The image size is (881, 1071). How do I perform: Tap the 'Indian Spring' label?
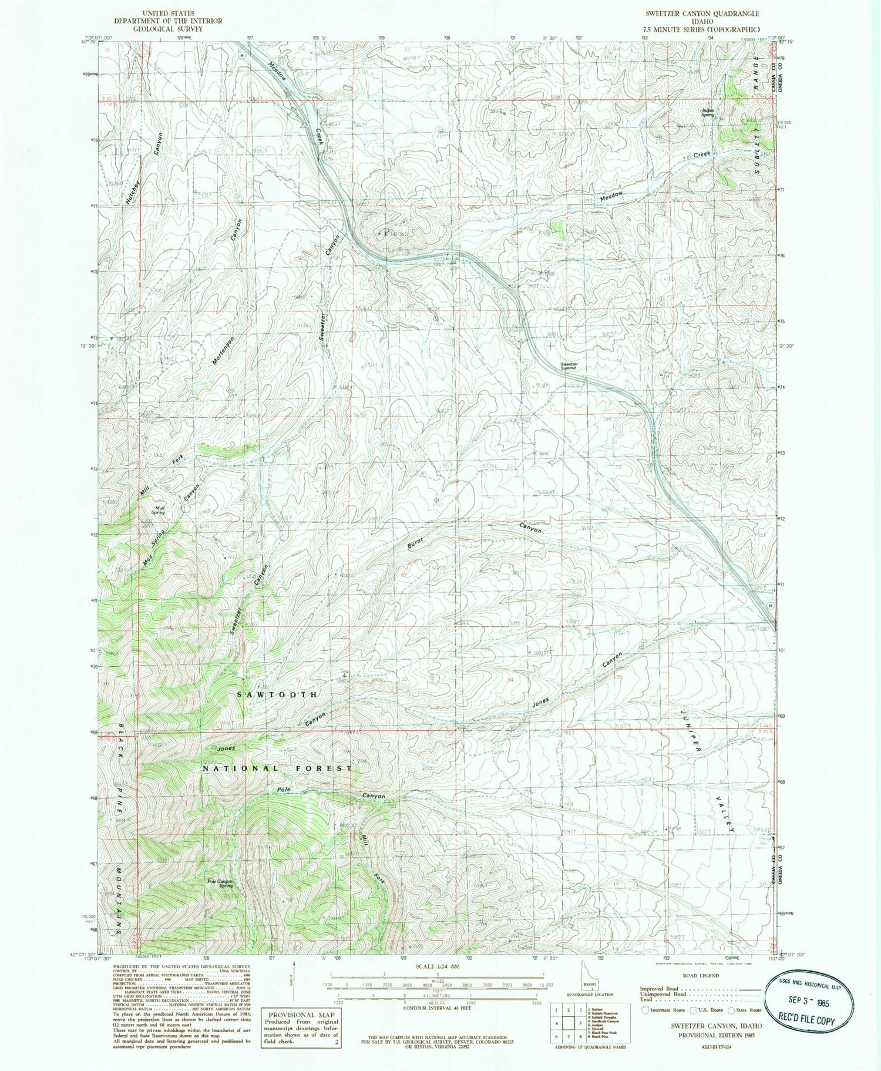point(708,112)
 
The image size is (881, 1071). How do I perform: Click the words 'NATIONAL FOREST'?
point(278,768)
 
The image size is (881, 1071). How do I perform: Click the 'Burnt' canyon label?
point(416,542)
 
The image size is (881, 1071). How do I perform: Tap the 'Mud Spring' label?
point(159,510)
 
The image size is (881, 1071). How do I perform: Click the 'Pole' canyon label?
point(284,790)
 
